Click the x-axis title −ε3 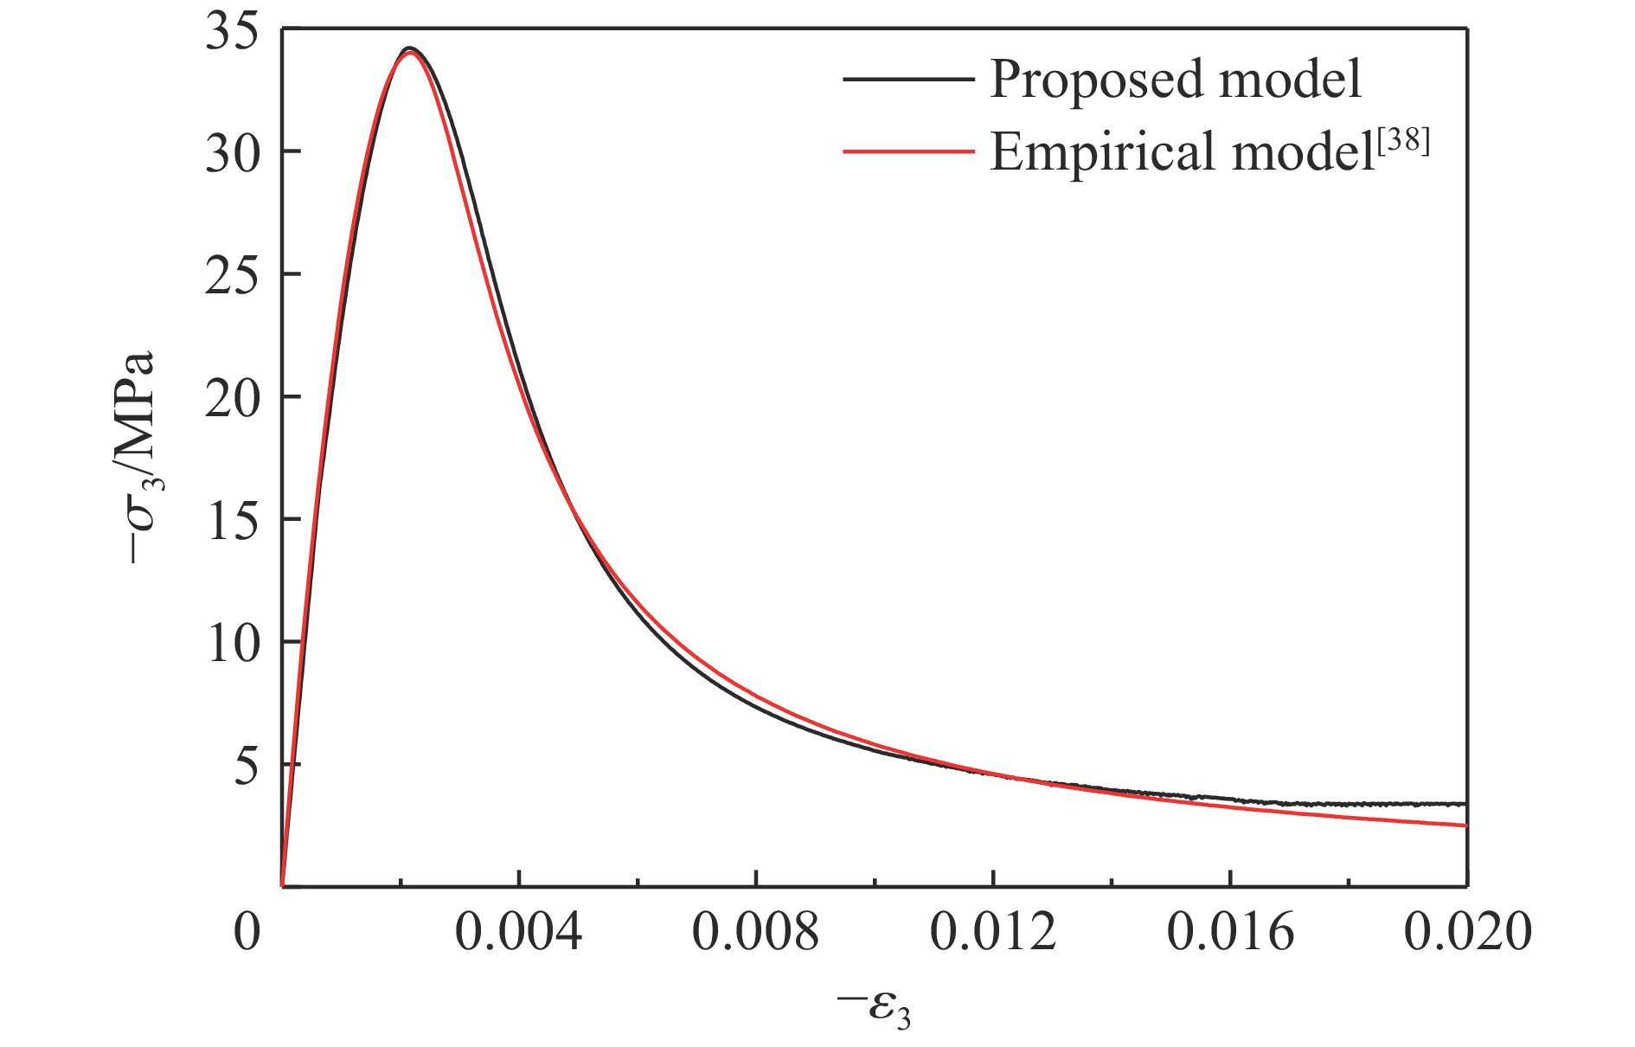click(874, 1009)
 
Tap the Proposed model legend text click(1176, 80)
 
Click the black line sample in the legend click(908, 80)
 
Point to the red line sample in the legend click(908, 151)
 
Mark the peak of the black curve click(410, 48)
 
